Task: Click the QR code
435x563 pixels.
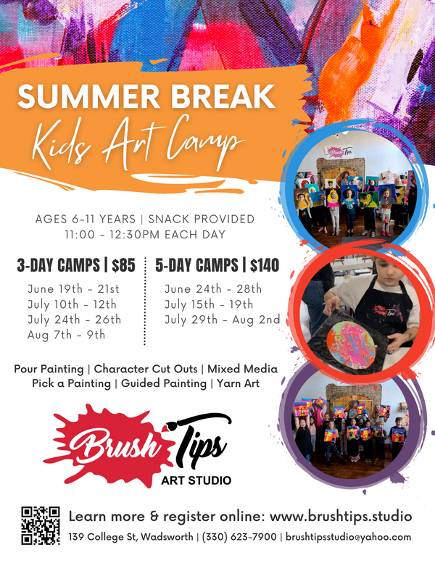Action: pyautogui.click(x=40, y=525)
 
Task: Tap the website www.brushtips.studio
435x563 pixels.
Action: pyautogui.click(x=341, y=517)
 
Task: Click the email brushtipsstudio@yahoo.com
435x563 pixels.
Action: pyautogui.click(x=349, y=538)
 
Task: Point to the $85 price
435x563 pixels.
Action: pyautogui.click(x=123, y=266)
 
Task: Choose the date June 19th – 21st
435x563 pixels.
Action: pyautogui.click(x=74, y=288)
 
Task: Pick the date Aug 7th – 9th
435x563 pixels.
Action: pyautogui.click(x=66, y=335)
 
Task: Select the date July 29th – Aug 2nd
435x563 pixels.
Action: pyautogui.click(x=222, y=320)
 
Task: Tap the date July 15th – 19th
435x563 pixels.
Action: pyautogui.click(x=209, y=304)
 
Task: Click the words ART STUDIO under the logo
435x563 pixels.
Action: pyautogui.click(x=196, y=480)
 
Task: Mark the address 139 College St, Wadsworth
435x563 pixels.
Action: pyautogui.click(x=130, y=538)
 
